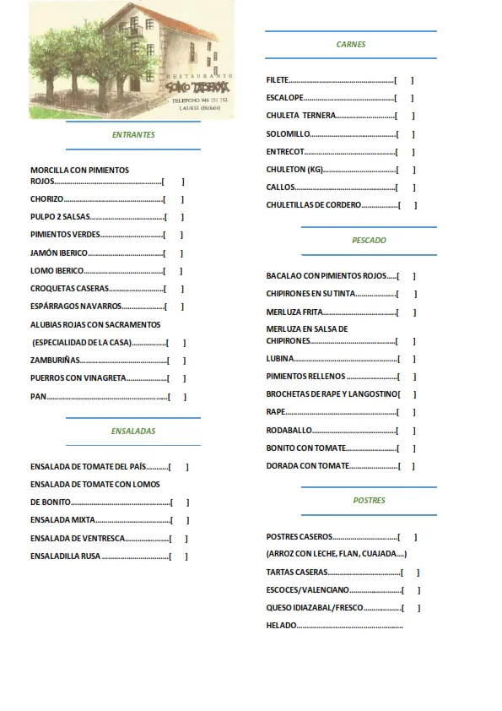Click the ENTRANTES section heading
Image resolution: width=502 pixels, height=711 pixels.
point(133,135)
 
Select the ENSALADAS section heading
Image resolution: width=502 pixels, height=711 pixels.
point(133,431)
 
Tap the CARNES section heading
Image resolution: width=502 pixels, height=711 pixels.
point(351,45)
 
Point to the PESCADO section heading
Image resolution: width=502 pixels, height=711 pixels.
point(369,241)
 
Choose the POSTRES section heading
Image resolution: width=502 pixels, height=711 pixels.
point(369,501)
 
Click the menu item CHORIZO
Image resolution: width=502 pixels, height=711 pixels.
point(47,199)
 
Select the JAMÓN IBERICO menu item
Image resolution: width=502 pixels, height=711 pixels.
point(59,253)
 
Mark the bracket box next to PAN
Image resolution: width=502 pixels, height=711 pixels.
point(176,397)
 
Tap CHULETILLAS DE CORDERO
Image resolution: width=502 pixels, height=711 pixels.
point(313,205)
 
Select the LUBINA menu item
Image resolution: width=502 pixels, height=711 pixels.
point(280,359)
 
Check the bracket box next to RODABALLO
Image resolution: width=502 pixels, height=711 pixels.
point(407,431)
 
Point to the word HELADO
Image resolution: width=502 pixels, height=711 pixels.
point(282,626)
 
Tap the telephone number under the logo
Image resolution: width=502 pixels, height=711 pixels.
point(200,100)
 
